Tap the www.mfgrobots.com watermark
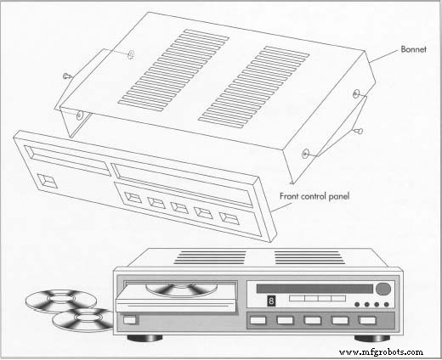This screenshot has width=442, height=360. [381, 350]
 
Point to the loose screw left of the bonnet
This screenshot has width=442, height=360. [68, 76]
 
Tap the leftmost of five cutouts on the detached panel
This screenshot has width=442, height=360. [133, 199]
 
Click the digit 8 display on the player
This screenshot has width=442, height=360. [272, 301]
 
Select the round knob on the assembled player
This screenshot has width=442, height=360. [383, 289]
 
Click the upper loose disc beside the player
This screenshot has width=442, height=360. [51, 301]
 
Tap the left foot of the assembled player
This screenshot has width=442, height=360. [141, 337]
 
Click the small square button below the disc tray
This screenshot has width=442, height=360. [129, 321]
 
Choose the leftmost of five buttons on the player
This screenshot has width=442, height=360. [257, 322]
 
